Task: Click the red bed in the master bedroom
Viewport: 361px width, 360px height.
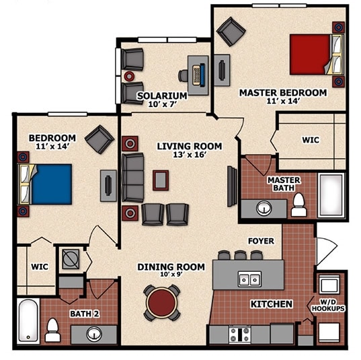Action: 310,55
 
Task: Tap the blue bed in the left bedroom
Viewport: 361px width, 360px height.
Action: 51,183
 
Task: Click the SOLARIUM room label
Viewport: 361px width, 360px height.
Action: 162,96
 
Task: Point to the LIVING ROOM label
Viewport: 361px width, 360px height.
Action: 189,146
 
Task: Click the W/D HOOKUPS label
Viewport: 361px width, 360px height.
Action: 328,305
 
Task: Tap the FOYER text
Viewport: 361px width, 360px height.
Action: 261,240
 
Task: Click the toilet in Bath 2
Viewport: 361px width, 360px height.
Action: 52,330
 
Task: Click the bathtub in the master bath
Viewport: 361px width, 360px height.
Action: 331,195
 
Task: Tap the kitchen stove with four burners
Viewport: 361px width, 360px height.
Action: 240,333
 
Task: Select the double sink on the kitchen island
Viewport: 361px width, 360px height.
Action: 248,279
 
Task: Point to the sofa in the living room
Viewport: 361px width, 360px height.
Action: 132,178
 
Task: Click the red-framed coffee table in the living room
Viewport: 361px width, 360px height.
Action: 160,180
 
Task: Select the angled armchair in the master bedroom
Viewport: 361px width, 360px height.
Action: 231,31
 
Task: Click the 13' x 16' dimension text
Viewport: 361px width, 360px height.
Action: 189,155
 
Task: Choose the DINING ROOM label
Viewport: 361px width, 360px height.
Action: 171,267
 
